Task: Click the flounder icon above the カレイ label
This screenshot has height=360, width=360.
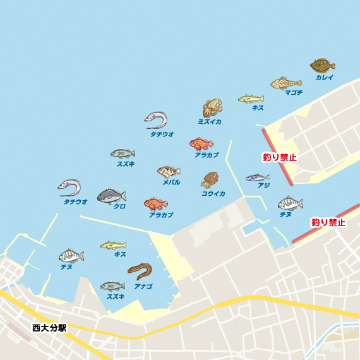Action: coord(322,65)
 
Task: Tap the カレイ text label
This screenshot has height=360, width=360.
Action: coord(325,78)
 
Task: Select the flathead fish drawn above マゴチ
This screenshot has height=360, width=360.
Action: coord(286,83)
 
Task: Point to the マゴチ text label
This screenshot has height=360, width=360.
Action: coord(294,92)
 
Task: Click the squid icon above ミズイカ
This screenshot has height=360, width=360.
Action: coord(212,107)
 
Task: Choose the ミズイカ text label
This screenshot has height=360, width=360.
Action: coord(210,121)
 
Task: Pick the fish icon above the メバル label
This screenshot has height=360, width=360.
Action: coord(169,171)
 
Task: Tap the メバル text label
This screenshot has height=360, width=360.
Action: coord(171,182)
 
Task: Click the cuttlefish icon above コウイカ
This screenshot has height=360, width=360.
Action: coord(210,180)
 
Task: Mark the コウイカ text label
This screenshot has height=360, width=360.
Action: coord(213,194)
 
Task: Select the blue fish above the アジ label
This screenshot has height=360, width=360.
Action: coord(257,177)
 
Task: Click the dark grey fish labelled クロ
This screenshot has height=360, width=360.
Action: coord(111,196)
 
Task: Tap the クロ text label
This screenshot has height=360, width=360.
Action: coord(119,207)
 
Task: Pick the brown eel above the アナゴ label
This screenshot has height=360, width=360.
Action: coord(140,271)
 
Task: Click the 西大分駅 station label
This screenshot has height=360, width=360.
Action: coord(49,328)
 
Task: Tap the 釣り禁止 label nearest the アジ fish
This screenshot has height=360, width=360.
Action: coord(279,157)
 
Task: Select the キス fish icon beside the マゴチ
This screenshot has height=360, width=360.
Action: coord(251,99)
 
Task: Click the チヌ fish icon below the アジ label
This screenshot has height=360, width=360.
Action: coord(291,203)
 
